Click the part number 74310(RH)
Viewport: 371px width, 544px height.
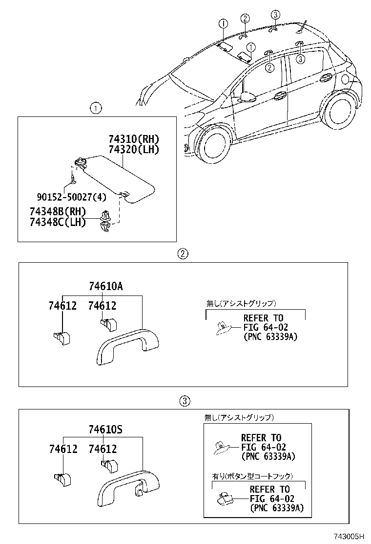point(134,139)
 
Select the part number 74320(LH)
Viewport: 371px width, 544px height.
point(134,150)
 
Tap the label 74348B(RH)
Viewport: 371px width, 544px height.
point(58,212)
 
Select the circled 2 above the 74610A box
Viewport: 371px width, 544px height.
point(182,253)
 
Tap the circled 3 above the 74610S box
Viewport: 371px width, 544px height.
point(184,401)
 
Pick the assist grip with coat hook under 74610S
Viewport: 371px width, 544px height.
point(128,490)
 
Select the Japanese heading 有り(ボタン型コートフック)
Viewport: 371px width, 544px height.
point(251,476)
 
